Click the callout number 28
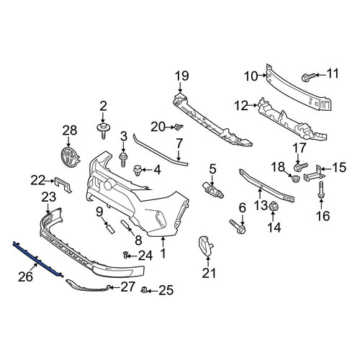click(x=70, y=130)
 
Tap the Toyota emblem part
click(x=69, y=156)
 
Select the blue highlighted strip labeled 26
click(x=38, y=259)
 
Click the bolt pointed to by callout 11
click(x=308, y=77)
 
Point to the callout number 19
click(x=181, y=76)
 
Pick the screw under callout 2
click(x=103, y=131)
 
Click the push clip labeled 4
click(x=137, y=170)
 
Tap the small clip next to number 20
click(x=179, y=127)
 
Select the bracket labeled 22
click(x=63, y=184)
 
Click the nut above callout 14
click(x=273, y=207)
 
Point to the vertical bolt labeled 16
click(x=321, y=190)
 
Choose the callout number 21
click(x=209, y=274)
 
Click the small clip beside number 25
click(x=144, y=290)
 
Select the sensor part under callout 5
click(x=213, y=190)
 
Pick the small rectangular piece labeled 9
click(x=109, y=228)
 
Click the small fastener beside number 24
click(x=125, y=255)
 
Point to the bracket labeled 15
click(x=314, y=174)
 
